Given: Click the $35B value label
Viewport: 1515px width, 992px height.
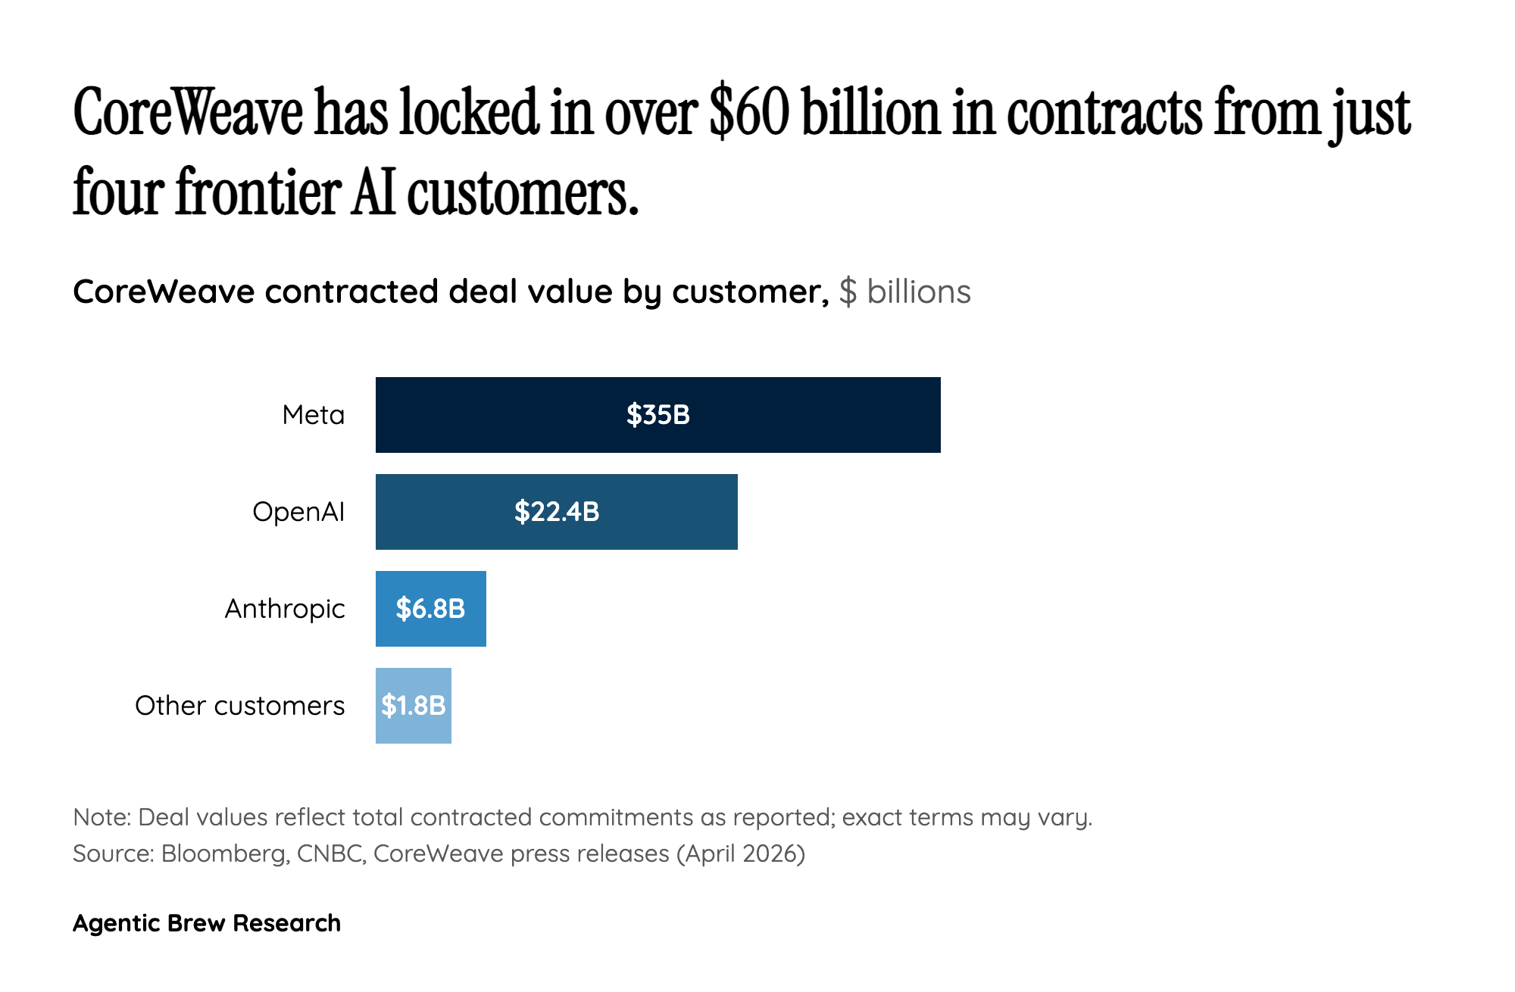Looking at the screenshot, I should (658, 415).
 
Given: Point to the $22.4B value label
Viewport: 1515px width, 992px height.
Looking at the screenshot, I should (557, 512).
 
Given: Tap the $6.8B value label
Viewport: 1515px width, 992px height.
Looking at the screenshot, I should (430, 609).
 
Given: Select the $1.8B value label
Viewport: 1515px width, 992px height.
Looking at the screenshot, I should (414, 706).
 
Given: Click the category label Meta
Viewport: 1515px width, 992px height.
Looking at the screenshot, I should (313, 415).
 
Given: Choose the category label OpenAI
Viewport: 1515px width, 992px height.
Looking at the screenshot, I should (298, 512).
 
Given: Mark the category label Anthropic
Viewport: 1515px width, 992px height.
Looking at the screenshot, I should (284, 609).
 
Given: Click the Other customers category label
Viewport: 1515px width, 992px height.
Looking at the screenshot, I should (239, 706).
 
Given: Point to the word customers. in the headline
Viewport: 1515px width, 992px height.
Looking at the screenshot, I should (523, 192).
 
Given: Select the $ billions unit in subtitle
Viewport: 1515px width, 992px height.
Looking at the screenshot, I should (904, 292).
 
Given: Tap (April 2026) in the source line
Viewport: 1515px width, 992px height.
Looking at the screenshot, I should (741, 853).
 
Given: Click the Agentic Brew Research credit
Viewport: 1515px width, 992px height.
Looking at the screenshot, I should (207, 923).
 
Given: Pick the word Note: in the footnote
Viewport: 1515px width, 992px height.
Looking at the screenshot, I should (102, 817).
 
